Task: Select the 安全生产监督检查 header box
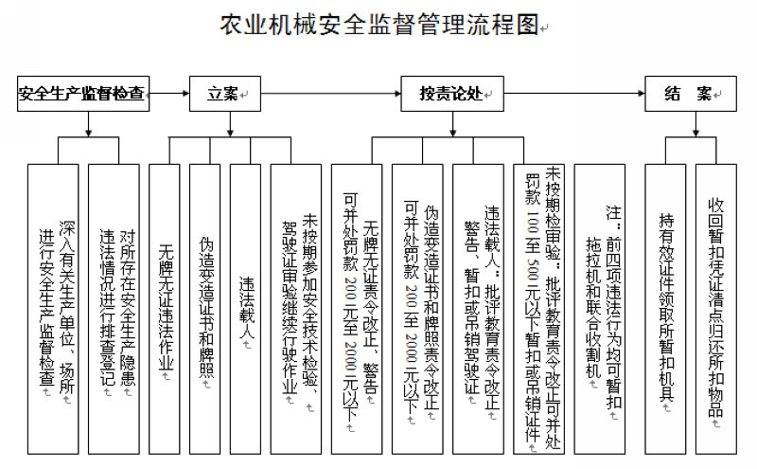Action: [84, 94]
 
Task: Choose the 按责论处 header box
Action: [450, 94]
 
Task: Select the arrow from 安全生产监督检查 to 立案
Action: [168, 94]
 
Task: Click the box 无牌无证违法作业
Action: [166, 303]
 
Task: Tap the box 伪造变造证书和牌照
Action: [205, 303]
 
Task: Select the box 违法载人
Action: [246, 303]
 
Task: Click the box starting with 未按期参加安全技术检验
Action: [297, 303]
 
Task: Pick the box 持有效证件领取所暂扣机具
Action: [665, 303]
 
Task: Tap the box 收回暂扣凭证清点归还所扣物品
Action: [715, 303]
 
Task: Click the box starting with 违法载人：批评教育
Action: [481, 303]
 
